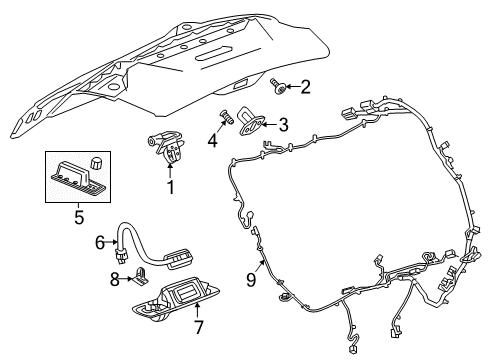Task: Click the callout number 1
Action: (171, 187)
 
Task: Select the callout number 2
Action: (305, 88)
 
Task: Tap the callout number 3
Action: (284, 125)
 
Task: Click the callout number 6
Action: (100, 241)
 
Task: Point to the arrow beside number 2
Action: (291, 88)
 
